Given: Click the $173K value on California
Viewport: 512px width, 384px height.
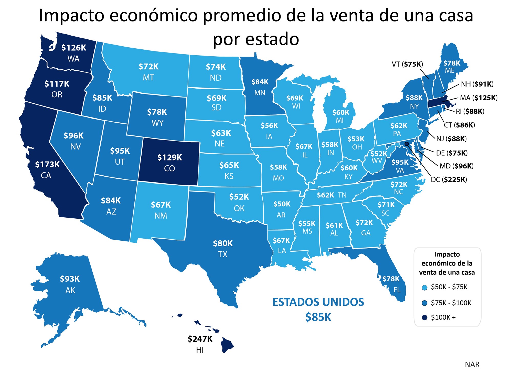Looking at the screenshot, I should [47, 164].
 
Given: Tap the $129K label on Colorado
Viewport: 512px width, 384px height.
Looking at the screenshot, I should [169, 157].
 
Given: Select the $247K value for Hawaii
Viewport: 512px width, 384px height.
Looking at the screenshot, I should [200, 339].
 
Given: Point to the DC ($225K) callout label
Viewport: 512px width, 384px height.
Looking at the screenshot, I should [449, 180].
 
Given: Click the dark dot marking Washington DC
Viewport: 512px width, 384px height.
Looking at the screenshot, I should [407, 144].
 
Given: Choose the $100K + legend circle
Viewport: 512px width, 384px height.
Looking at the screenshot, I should [424, 317].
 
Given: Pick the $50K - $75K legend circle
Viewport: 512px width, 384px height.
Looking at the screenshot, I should [424, 287].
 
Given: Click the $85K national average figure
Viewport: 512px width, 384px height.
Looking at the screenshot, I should [318, 317].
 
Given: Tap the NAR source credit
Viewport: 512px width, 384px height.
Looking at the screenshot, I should [472, 365].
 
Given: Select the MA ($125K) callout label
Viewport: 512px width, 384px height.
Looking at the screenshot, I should [478, 98].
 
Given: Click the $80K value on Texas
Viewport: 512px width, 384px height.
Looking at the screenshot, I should [223, 243].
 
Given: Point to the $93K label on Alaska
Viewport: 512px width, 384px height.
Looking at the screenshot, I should [70, 279].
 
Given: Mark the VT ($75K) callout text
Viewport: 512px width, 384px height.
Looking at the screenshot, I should [407, 64].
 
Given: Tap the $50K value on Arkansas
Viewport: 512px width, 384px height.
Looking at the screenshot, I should [282, 204].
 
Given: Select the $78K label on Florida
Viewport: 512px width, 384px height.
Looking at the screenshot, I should [391, 279].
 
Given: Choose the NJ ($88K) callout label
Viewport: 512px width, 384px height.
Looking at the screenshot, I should [451, 139].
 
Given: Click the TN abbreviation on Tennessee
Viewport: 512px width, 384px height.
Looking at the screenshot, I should [342, 195].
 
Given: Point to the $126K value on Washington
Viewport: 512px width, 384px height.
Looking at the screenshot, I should [74, 48].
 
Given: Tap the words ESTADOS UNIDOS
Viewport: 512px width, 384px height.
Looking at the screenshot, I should [318, 302].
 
